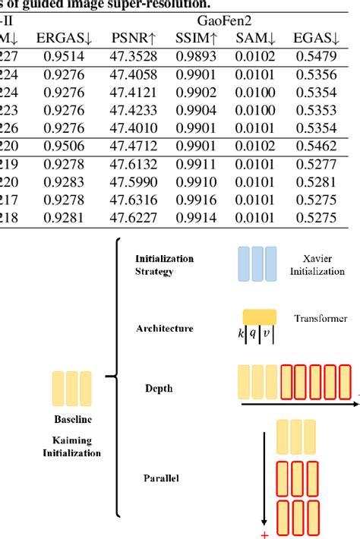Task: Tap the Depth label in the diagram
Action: pyautogui.click(x=159, y=388)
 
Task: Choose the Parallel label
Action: pyautogui.click(x=161, y=478)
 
